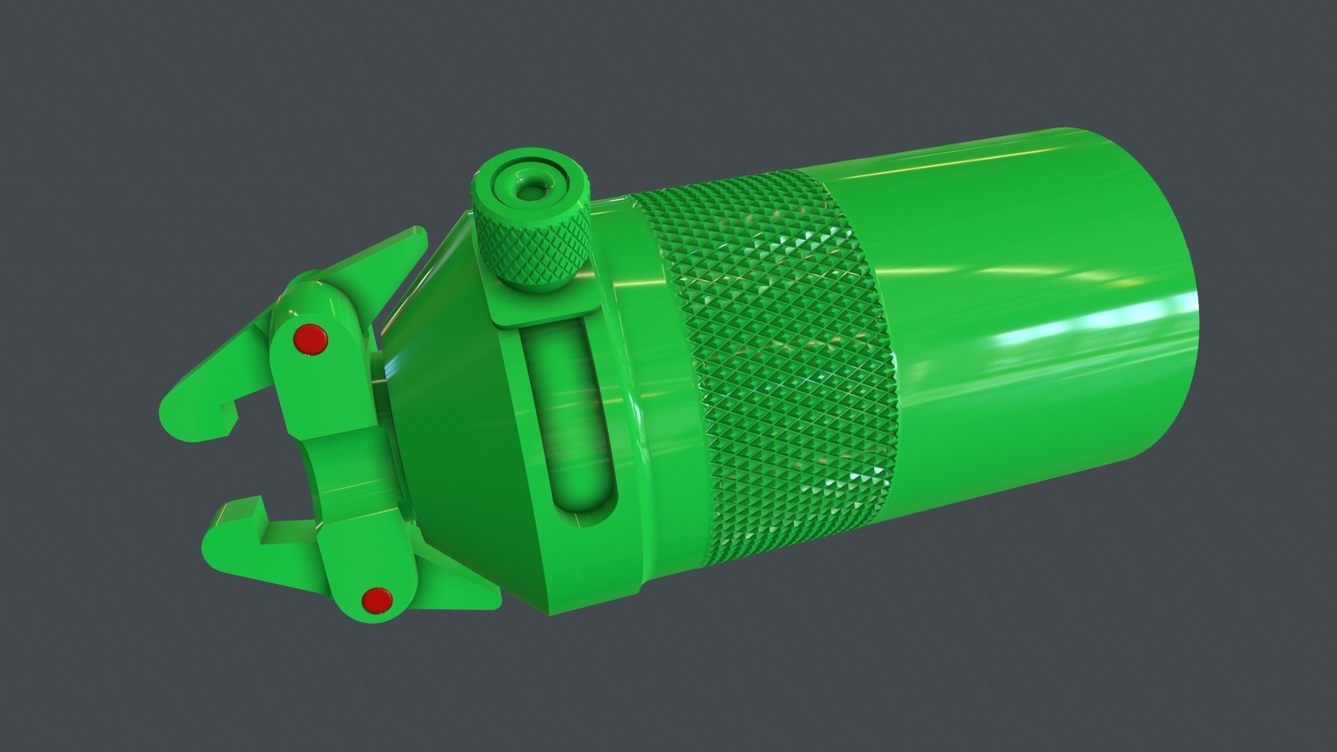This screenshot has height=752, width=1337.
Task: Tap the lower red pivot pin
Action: [x=377, y=599]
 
